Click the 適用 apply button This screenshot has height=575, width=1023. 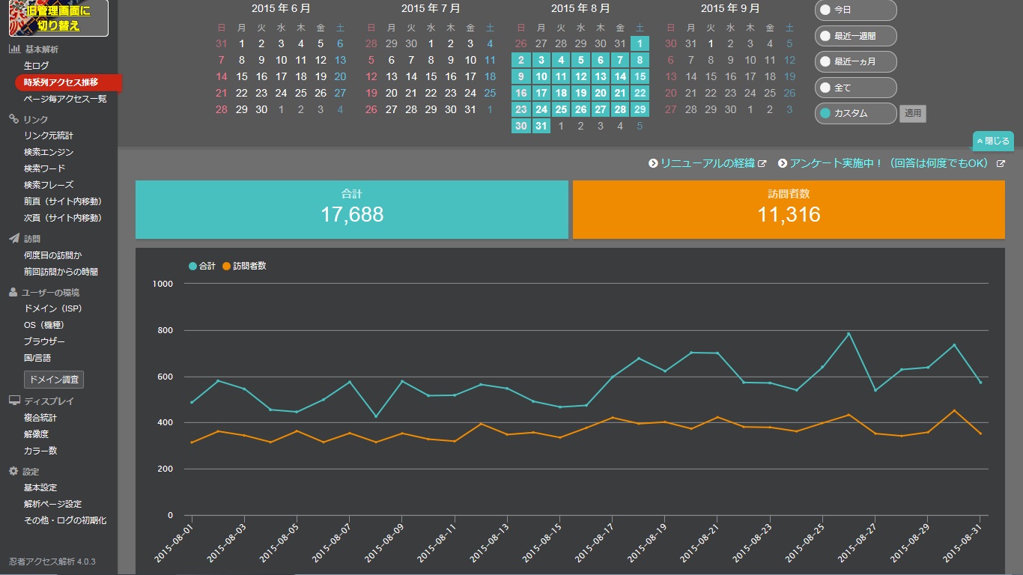coord(912,113)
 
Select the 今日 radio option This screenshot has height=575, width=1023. coord(855,10)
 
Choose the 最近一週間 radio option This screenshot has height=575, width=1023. coord(855,36)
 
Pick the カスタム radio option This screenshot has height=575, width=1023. coord(855,113)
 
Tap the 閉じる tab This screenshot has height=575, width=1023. coord(993,141)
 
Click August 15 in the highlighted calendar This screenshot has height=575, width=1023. coord(640,76)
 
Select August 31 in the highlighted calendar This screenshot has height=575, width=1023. coord(541,126)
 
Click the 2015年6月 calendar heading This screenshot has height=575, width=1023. coord(281,8)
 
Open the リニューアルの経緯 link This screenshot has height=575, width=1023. coord(708,163)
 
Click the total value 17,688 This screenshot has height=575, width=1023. coord(352,215)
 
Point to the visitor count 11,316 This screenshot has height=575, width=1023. coord(789,215)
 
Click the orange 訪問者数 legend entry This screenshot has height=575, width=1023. coord(244,266)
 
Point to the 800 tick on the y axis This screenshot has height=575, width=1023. coord(165,330)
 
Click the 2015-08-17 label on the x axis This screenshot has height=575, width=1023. coord(594,543)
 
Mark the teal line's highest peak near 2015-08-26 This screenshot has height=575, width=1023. coord(849,333)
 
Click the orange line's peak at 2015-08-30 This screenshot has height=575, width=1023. coord(954,410)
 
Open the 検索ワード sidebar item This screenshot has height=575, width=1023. coord(44,168)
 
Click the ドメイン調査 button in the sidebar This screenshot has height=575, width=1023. coord(54,380)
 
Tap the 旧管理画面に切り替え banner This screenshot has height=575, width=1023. coord(58,18)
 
